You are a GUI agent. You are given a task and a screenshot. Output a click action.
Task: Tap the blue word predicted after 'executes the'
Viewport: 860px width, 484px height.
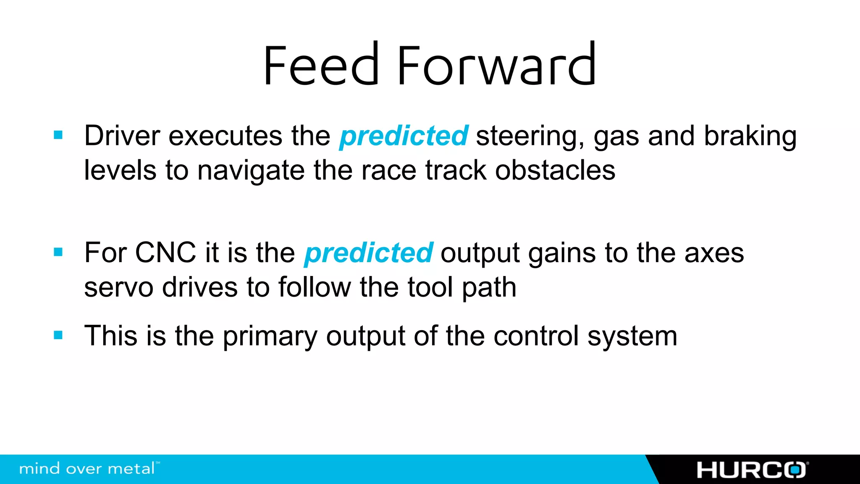coord(404,136)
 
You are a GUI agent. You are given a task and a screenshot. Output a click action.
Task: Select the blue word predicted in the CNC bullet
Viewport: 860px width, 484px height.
coord(368,253)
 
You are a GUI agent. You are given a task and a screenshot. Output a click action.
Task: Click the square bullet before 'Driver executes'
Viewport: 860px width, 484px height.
coord(58,135)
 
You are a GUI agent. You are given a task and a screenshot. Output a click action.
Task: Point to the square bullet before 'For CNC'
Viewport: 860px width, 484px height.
coord(58,252)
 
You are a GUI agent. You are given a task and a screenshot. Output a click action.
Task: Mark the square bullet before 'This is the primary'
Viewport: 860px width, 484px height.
coord(58,335)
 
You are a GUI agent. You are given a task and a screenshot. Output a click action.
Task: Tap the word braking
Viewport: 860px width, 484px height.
coord(750,137)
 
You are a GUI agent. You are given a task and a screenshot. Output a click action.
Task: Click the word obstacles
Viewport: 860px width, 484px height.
coord(555,171)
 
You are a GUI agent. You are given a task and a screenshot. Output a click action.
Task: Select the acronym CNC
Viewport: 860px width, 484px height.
coord(165,253)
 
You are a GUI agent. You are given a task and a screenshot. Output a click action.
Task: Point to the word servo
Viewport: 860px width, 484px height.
coord(118,288)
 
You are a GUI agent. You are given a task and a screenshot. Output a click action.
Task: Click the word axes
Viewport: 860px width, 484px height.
coord(714,254)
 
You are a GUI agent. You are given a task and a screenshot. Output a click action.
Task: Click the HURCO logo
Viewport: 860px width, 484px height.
coord(752,470)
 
